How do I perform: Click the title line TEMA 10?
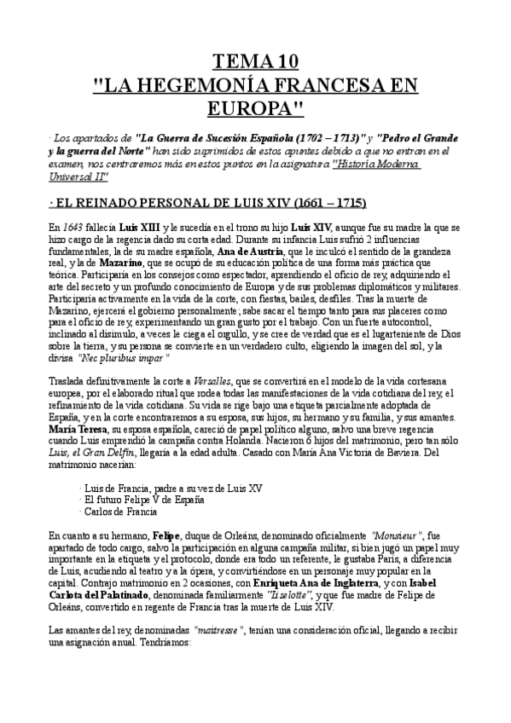coord(256,61)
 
